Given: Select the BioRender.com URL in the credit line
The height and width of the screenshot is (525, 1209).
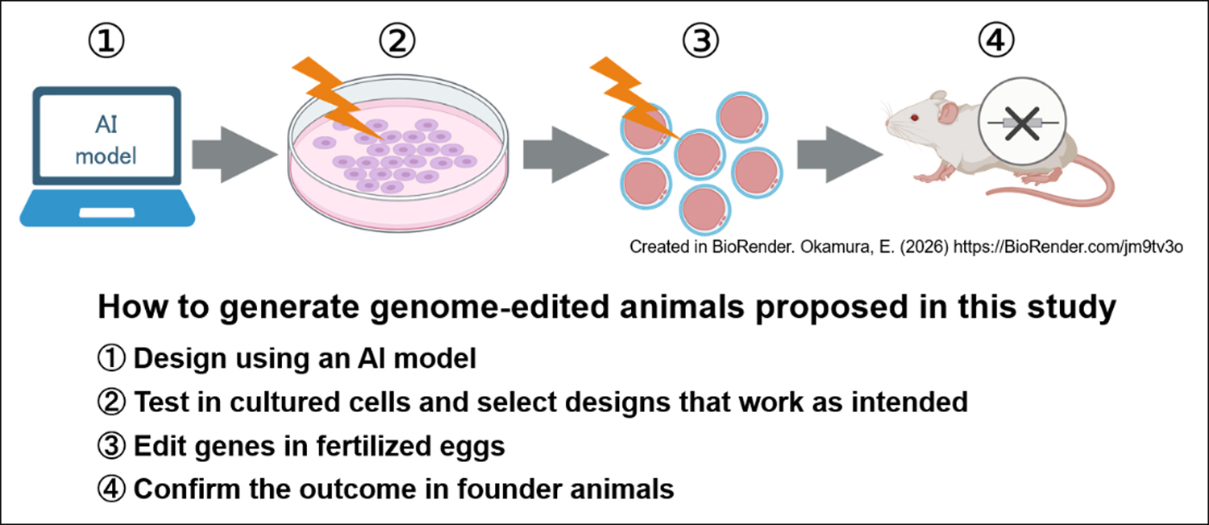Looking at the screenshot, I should pos(1068,248).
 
